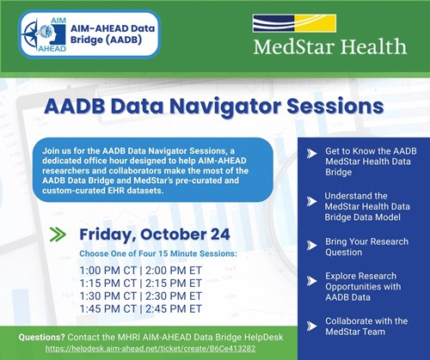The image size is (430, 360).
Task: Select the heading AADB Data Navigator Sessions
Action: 215,108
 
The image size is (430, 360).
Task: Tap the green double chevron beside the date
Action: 58,235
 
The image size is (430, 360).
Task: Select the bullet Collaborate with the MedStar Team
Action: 369,325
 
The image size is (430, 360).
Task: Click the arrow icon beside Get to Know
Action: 310,152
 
